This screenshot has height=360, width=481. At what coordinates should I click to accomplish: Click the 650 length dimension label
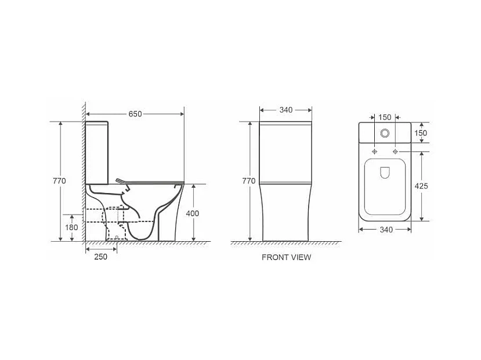(x=135, y=114)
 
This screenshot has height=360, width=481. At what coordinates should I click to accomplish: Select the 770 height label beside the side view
(x=59, y=181)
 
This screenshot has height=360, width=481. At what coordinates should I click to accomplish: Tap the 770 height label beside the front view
(x=248, y=181)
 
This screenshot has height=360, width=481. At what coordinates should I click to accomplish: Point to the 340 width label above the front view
(x=286, y=110)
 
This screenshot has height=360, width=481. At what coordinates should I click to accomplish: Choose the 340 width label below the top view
(x=386, y=230)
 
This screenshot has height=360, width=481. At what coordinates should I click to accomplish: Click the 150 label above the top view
(x=385, y=117)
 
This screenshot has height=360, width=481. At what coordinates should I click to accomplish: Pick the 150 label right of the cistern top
(x=421, y=133)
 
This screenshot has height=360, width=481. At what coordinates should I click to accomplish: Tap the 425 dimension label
(x=421, y=186)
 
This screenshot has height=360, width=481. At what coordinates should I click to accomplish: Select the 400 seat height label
(x=192, y=213)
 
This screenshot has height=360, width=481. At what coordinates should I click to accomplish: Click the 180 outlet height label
(x=71, y=227)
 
